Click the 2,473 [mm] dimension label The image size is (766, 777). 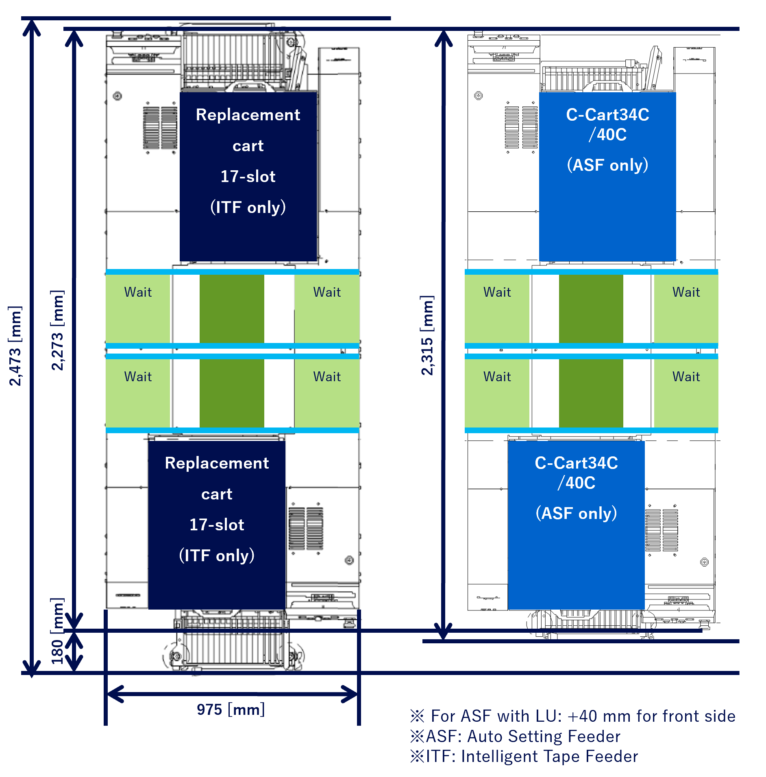click(x=15, y=346)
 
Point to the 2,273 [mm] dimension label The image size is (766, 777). click(x=57, y=330)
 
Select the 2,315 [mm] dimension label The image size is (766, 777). click(x=427, y=336)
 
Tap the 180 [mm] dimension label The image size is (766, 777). click(x=57, y=631)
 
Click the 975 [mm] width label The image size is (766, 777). click(x=231, y=710)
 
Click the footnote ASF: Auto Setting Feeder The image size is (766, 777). click(x=516, y=736)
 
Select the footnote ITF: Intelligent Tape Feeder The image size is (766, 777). click(x=524, y=757)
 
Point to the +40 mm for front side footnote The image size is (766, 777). click(x=573, y=716)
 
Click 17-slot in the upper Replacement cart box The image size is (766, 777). click(x=248, y=176)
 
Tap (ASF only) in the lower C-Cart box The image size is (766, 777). click(x=576, y=513)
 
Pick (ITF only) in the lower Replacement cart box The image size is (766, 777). click(x=217, y=556)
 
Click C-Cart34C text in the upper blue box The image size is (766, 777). click(x=607, y=115)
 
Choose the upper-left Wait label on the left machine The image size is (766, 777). click(x=138, y=292)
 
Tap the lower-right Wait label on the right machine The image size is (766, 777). click(x=686, y=377)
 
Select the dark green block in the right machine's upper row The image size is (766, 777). click(x=591, y=309)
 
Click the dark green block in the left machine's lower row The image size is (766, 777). click(x=232, y=393)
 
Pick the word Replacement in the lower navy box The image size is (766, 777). click(x=217, y=463)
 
